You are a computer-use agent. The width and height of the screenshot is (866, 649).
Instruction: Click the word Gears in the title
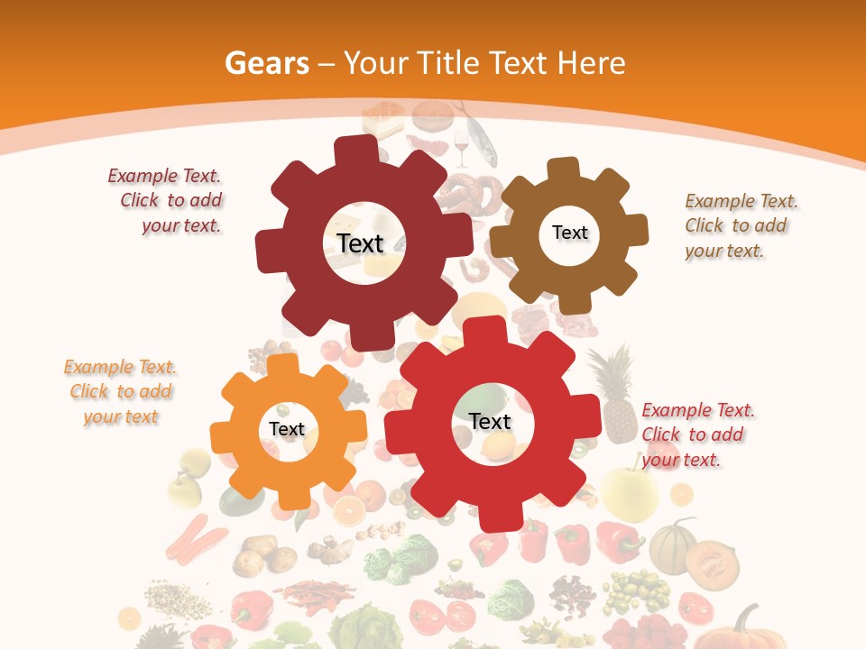coord(266,63)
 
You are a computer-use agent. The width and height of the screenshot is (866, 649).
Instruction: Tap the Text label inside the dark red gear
coord(360,243)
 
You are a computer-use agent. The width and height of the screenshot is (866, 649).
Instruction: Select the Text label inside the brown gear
coord(569,233)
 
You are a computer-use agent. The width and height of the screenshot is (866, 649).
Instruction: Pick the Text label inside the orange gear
coord(287,429)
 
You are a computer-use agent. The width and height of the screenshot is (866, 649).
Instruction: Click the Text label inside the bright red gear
coord(490,421)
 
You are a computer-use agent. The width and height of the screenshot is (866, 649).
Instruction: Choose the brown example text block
coord(740,225)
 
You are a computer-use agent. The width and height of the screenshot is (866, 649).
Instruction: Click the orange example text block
coord(120,391)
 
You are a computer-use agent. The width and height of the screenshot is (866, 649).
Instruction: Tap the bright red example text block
coord(696,434)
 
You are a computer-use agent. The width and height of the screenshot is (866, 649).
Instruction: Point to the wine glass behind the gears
coord(462,146)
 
